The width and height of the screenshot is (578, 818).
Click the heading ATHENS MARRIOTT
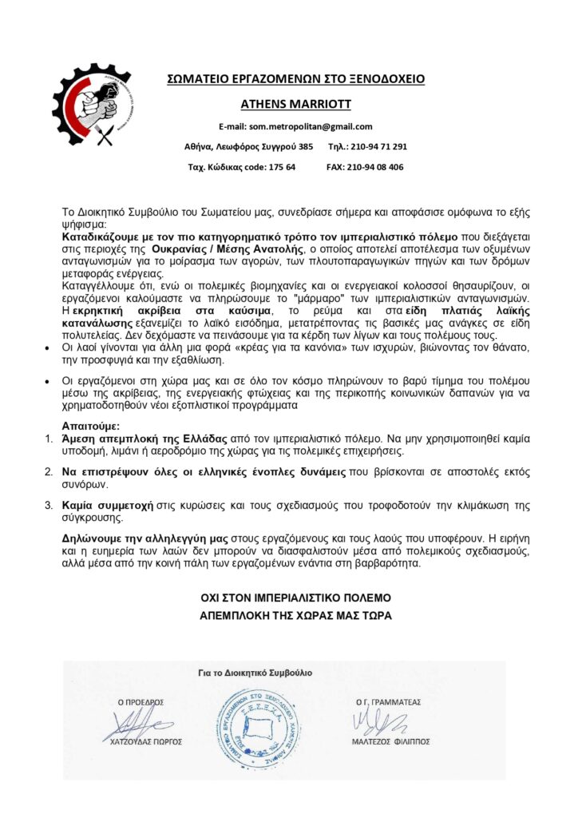[295, 104]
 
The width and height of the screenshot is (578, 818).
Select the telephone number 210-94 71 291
[378, 147]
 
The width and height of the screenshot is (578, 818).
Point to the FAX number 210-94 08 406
[375, 167]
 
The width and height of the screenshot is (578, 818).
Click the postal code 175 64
[280, 167]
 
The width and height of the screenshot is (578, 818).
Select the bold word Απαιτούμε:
[91, 426]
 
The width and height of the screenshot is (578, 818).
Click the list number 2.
[47, 472]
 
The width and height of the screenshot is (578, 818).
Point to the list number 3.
[47, 506]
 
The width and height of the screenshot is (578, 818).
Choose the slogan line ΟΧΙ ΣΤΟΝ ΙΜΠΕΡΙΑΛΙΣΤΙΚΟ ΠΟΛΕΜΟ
[295, 598]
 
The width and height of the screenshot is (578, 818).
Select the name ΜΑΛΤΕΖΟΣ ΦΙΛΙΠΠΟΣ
[391, 741]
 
